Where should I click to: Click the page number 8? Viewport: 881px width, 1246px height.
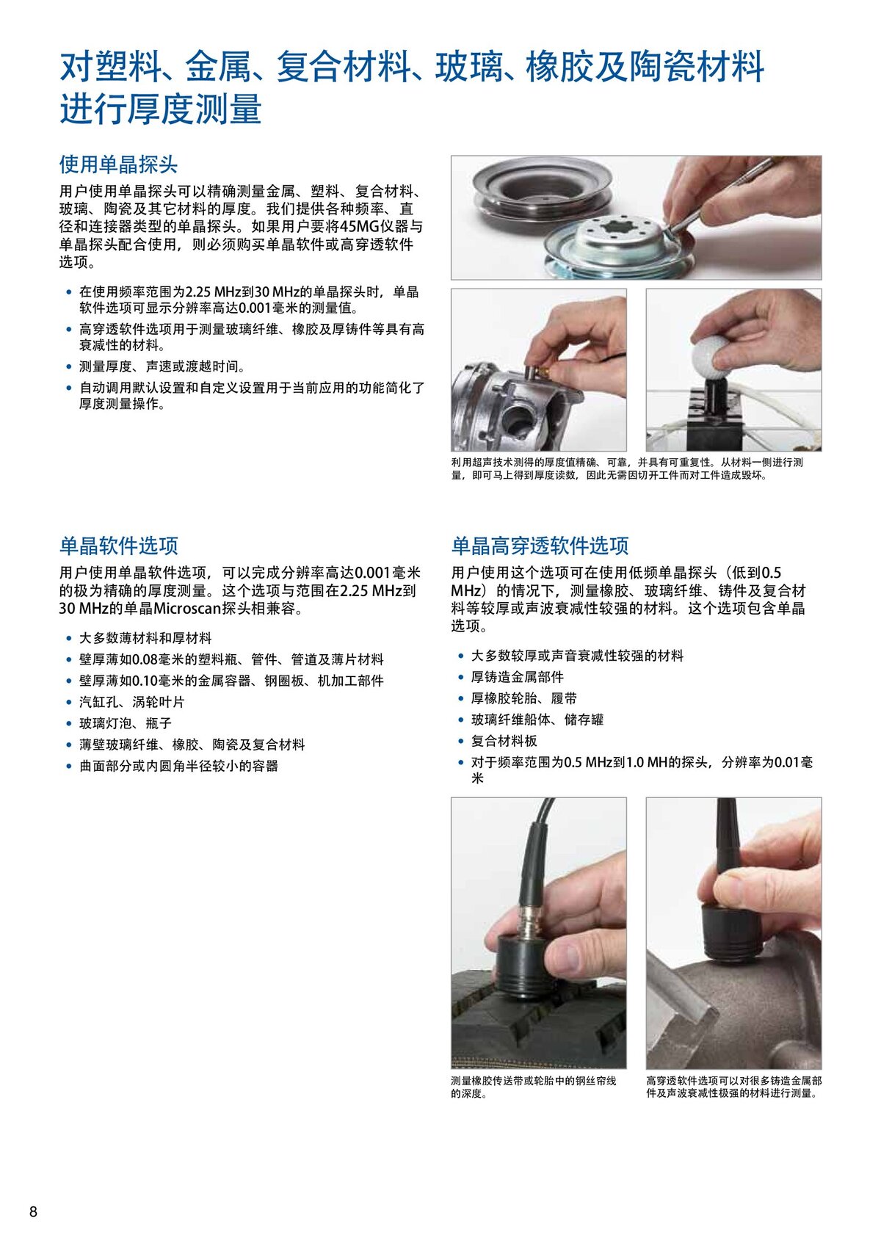[33, 1211]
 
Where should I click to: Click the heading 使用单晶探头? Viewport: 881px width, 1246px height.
[118, 164]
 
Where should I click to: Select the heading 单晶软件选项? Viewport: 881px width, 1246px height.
[118, 546]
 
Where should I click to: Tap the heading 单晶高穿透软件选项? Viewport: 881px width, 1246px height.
[540, 546]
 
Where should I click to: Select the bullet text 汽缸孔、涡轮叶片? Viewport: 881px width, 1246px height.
[132, 702]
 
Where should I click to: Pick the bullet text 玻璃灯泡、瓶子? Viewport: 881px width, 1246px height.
[126, 723]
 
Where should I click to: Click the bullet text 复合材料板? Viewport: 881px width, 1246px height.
[504, 741]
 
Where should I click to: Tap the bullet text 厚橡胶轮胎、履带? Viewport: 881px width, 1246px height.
[524, 698]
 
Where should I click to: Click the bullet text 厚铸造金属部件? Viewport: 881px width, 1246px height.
[518, 677]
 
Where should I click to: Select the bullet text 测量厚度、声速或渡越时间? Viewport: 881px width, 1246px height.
[162, 366]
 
